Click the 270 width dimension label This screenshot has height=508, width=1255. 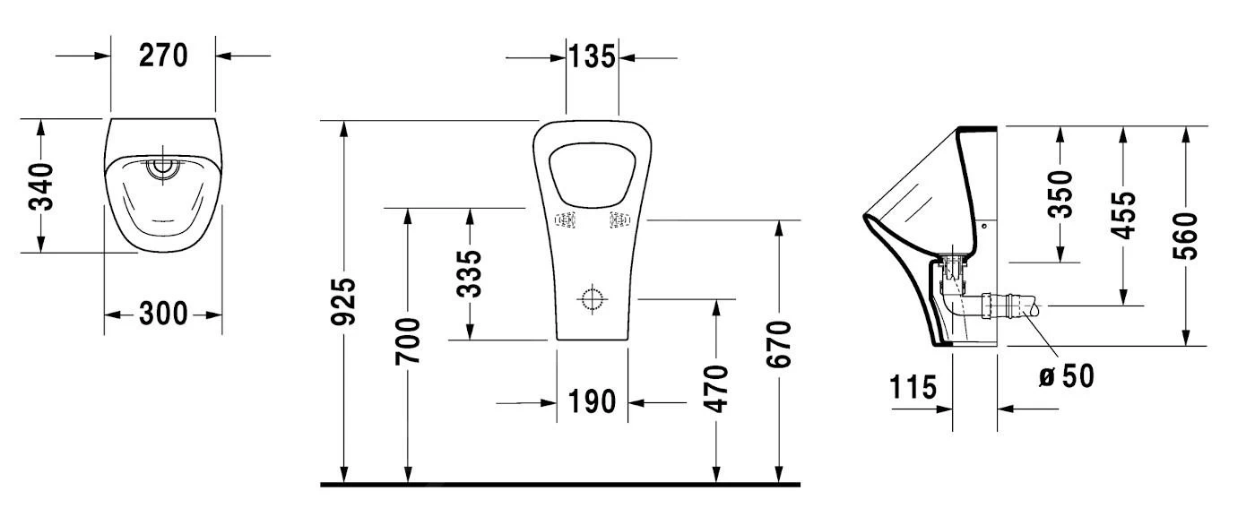pos(163,56)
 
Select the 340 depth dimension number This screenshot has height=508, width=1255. pos(41,185)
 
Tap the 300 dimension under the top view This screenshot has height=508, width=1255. pos(163,314)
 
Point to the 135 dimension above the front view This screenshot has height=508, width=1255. pos(592,57)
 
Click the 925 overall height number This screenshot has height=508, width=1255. pos(345,301)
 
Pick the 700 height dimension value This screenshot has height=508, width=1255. pos(409,340)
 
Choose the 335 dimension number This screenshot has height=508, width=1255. pos(470,273)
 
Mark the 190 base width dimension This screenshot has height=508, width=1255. pos(593,402)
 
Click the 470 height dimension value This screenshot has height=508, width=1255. pos(716,387)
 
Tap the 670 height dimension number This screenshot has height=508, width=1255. pos(780,343)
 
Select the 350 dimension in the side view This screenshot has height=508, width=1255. pos(1061,194)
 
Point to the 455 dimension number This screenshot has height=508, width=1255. pos(1124,215)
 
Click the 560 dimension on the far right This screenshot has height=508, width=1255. pos(1187,236)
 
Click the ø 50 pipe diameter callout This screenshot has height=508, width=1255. pos(1066,375)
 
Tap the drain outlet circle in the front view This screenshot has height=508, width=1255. pos(593,298)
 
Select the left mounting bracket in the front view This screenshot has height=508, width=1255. pos(566,219)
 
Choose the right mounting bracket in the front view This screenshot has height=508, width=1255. pos(619,219)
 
